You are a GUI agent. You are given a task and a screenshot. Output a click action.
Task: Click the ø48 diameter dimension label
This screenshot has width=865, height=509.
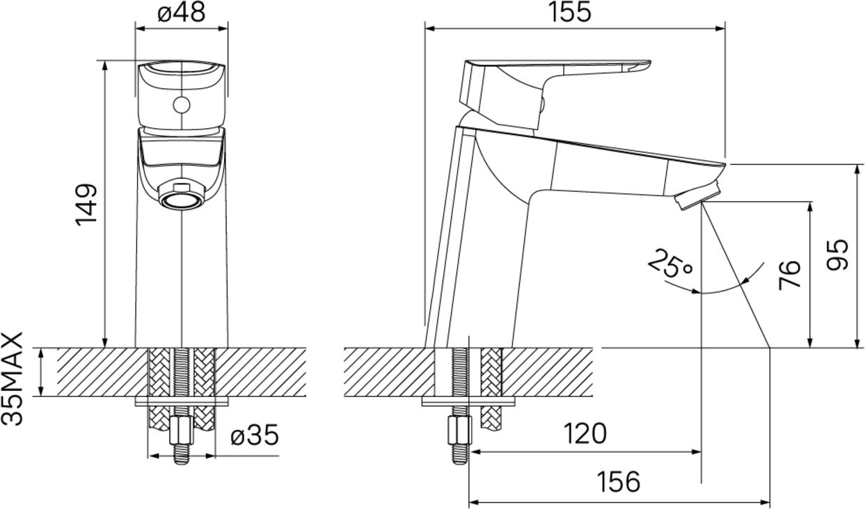(x=181, y=13)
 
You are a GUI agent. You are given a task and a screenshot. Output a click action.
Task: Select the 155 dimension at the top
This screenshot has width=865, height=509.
(x=569, y=13)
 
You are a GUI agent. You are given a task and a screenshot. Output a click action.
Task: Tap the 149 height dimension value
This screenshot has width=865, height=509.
(x=86, y=204)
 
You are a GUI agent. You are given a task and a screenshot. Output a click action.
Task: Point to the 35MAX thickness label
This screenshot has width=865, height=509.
(x=12, y=379)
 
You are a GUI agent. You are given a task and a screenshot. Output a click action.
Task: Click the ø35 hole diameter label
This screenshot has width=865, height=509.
(x=255, y=435)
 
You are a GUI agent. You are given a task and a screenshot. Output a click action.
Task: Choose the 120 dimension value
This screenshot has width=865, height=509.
(x=585, y=433)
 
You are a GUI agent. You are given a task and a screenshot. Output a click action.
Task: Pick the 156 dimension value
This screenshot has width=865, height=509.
(x=618, y=482)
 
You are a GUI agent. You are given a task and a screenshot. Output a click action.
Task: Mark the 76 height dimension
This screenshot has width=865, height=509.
(x=789, y=275)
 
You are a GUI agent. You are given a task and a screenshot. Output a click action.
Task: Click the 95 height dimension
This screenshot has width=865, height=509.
(x=837, y=255)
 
